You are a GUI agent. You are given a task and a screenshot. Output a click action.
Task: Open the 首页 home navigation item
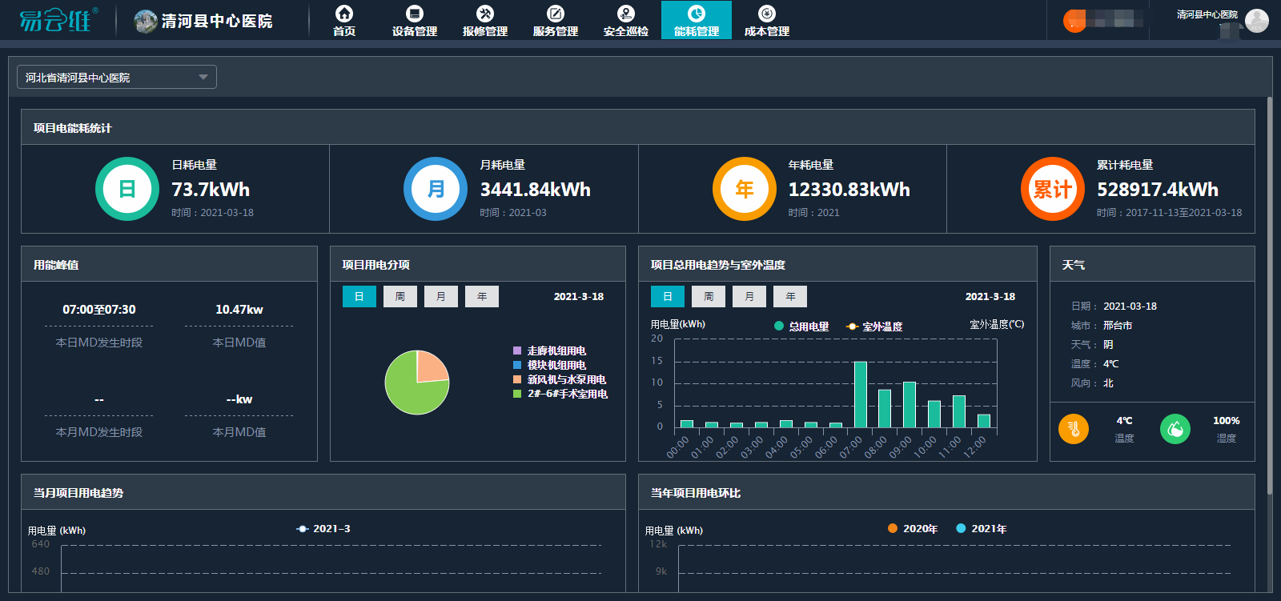tap(344, 20)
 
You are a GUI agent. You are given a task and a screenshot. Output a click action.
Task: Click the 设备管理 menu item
tap(415, 20)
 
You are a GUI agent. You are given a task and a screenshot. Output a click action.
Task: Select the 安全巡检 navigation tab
tap(626, 20)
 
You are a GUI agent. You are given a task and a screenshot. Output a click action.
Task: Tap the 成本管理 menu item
tap(767, 20)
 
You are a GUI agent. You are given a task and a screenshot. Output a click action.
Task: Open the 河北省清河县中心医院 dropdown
tap(117, 77)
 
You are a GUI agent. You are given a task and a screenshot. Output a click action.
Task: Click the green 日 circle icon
tap(127, 189)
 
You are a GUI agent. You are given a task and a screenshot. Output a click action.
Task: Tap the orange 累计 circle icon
tap(1052, 189)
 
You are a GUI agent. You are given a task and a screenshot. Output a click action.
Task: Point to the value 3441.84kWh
tap(535, 190)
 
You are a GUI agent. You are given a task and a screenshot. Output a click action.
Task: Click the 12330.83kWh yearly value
tap(849, 190)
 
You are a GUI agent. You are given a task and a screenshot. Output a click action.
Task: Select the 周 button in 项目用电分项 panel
tap(400, 297)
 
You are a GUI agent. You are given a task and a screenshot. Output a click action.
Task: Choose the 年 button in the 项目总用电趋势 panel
tap(790, 297)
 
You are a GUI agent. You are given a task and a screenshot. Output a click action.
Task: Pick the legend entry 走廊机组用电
tap(556, 351)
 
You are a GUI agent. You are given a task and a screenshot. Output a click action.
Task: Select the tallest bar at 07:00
tap(861, 395)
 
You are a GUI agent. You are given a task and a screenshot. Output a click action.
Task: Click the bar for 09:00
tap(910, 405)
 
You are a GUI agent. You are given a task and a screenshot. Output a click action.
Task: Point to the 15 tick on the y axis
tap(657, 361)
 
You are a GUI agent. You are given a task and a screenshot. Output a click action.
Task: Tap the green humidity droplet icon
tap(1175, 429)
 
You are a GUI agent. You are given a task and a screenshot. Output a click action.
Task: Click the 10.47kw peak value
tap(239, 310)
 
